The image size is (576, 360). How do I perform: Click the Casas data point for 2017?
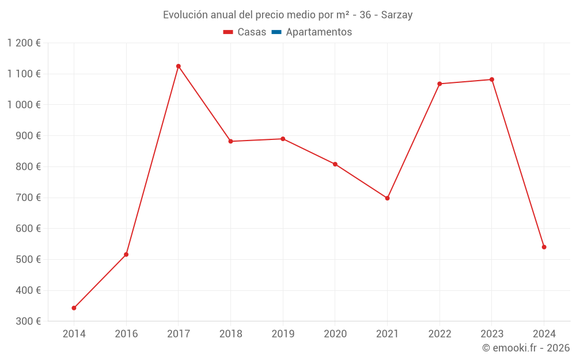tap(179, 66)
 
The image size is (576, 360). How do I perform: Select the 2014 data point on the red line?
tap(74, 308)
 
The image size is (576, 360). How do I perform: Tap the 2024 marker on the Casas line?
tap(544, 247)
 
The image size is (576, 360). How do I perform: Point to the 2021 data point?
tap(387, 198)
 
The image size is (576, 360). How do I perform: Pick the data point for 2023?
tap(492, 79)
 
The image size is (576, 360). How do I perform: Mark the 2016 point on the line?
tap(126, 255)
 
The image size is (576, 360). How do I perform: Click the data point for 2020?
tap(335, 164)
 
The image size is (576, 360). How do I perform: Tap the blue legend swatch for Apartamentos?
tap(276, 32)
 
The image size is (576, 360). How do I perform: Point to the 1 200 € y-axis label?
tap(24, 43)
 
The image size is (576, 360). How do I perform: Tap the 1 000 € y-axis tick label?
tap(24, 105)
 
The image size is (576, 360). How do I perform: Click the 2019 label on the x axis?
tap(283, 334)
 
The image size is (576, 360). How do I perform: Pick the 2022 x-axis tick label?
tap(439, 334)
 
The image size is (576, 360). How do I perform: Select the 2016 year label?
tap(126, 334)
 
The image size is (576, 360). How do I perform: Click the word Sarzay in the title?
tap(397, 15)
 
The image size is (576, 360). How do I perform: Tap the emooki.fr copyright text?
tap(525, 348)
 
